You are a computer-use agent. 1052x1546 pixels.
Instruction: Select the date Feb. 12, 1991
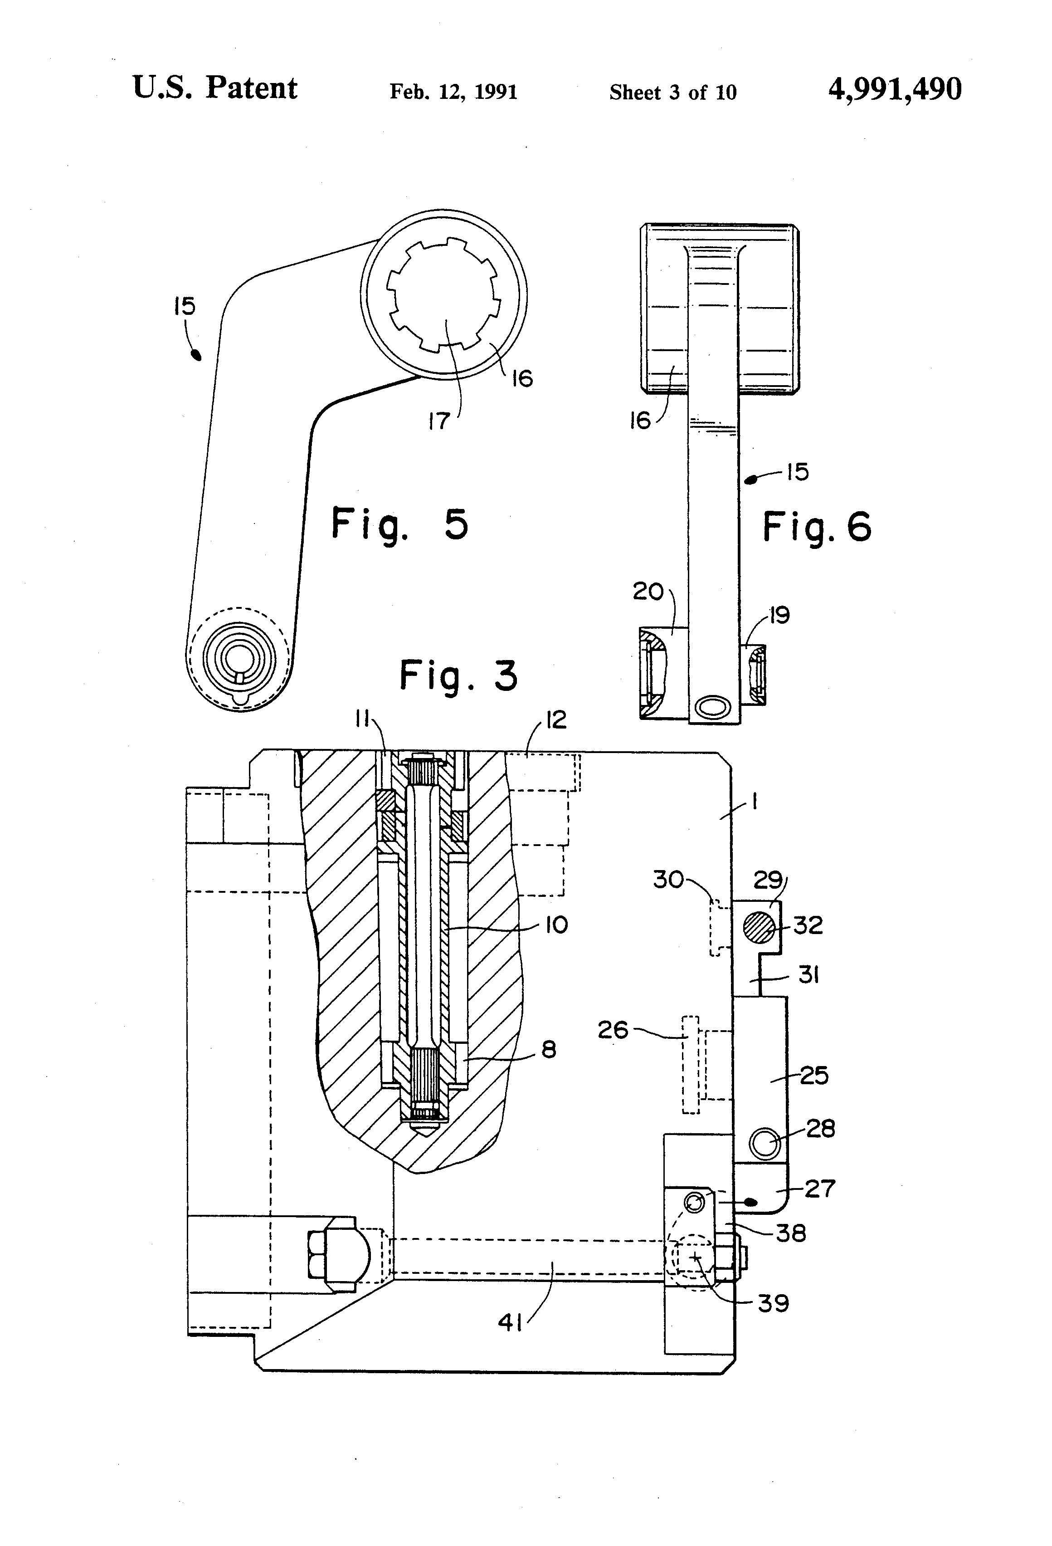coord(453,91)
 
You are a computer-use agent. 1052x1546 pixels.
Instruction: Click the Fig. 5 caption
coord(399,524)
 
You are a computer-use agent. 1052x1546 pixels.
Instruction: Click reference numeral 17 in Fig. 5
coord(439,421)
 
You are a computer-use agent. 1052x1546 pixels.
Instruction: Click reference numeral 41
coord(510,1322)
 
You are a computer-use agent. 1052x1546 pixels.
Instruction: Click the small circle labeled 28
coord(764,1144)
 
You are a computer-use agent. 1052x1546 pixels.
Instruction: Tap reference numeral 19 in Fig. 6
coord(779,615)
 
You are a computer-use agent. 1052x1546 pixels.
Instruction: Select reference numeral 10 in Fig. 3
coord(556,925)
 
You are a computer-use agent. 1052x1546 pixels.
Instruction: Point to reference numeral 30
coord(668,880)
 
